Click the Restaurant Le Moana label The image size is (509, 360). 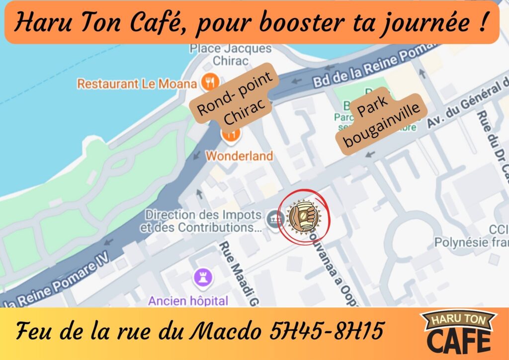137,84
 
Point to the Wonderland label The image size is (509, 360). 239,156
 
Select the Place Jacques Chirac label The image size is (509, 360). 230,55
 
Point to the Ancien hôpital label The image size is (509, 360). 188,300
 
